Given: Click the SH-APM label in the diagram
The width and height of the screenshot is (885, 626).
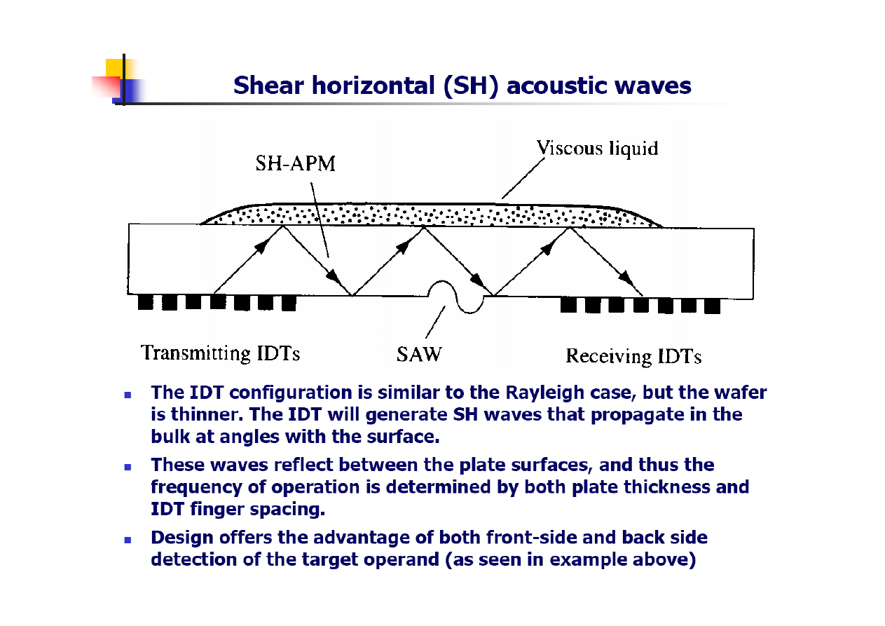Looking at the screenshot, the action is pyautogui.click(x=295, y=163).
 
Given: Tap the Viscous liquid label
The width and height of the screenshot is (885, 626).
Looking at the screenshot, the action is pyautogui.click(x=598, y=148).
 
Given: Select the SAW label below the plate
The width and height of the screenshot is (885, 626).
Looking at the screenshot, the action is pyautogui.click(x=419, y=354).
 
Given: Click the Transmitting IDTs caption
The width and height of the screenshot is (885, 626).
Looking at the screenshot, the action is pyautogui.click(x=221, y=353).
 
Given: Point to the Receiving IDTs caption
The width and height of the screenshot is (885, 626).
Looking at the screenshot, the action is pyautogui.click(x=633, y=356).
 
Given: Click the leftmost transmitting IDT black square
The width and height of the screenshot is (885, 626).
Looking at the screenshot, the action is pyautogui.click(x=145, y=302).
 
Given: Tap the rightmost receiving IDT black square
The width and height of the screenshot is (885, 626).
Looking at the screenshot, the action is pyautogui.click(x=713, y=306).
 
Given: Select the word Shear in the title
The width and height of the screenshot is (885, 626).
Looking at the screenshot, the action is pyautogui.click(x=268, y=86).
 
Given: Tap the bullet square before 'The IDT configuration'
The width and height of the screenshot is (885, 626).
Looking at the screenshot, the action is pyautogui.click(x=128, y=395).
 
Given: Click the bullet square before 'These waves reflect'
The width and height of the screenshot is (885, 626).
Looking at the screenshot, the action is pyautogui.click(x=128, y=467).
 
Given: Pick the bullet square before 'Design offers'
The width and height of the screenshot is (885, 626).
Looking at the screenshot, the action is pyautogui.click(x=128, y=540).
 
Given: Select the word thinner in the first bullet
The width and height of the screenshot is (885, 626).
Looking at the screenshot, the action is pyautogui.click(x=206, y=414).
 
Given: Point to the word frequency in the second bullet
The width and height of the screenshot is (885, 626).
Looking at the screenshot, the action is pyautogui.click(x=196, y=488).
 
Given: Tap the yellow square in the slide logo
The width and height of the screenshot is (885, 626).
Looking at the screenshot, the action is pyautogui.click(x=115, y=67).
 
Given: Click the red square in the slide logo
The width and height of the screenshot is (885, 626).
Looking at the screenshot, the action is pyautogui.click(x=106, y=86).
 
